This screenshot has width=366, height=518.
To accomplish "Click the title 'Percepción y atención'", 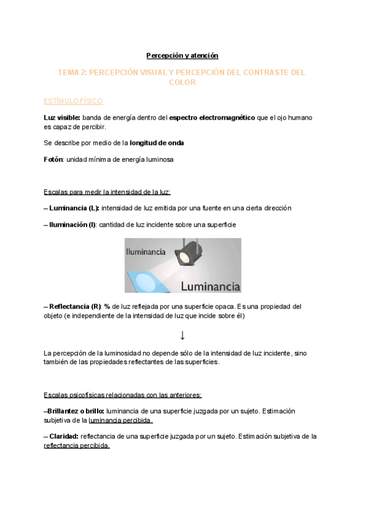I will (182, 56).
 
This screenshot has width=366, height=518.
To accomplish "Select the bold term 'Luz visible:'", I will (62, 117).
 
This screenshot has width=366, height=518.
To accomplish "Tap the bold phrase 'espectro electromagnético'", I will (212, 117).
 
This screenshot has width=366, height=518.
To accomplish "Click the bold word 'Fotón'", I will (54, 159).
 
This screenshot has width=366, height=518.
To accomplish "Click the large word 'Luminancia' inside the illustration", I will (210, 285).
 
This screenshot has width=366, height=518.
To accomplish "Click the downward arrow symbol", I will (182, 335).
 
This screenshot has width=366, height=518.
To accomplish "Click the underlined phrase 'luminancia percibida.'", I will (121, 420).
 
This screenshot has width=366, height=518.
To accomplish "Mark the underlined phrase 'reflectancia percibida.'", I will (77, 446).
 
